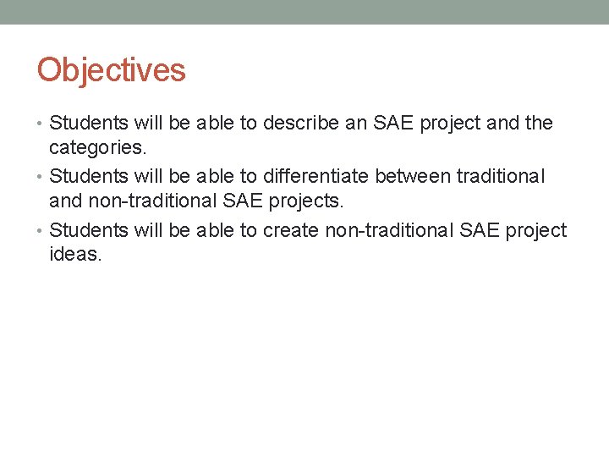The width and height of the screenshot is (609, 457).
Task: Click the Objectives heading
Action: coord(111,70)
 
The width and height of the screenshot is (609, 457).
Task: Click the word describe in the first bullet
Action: coord(300,124)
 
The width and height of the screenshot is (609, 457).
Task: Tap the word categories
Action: coord(97,148)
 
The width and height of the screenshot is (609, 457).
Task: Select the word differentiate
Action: coord(316,177)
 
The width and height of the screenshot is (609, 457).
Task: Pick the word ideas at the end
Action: coord(75,254)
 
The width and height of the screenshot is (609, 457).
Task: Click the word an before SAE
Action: coord(355,124)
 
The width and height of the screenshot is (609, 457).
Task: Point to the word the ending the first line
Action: coord(538,124)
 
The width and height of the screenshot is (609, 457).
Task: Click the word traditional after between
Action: coord(501,177)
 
